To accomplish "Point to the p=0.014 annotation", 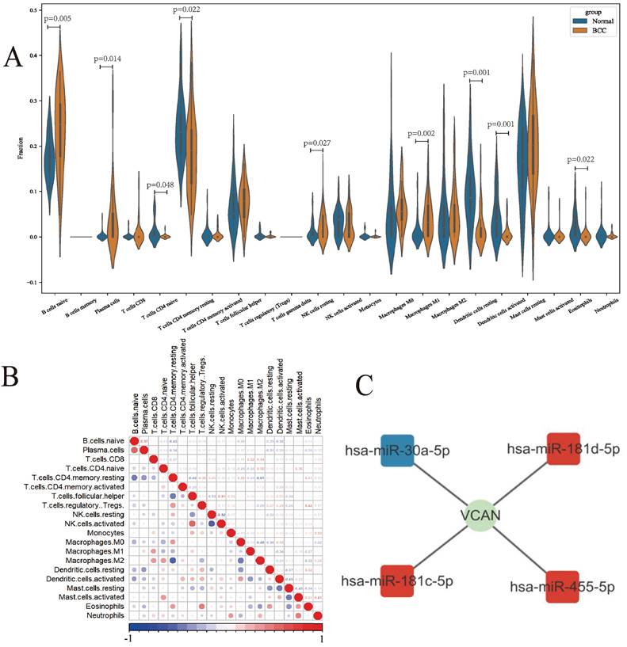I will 108,59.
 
